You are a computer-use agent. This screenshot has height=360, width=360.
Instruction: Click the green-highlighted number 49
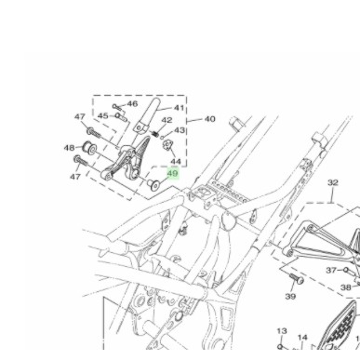pyautogui.click(x=173, y=174)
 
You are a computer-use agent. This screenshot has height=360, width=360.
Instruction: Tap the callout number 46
pyautogui.click(x=132, y=103)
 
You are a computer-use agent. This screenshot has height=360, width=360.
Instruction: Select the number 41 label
pyautogui.click(x=179, y=108)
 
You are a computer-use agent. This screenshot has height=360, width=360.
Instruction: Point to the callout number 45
pyautogui.click(x=103, y=116)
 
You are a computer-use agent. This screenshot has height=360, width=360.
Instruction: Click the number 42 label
pyautogui.click(x=167, y=120)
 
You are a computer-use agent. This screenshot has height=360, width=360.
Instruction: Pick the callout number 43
pyautogui.click(x=180, y=130)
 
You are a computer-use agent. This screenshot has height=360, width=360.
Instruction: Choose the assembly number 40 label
pyautogui.click(x=209, y=119)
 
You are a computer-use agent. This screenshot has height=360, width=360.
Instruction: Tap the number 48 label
pyautogui.click(x=70, y=148)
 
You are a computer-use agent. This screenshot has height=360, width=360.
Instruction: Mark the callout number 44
pyautogui.click(x=176, y=162)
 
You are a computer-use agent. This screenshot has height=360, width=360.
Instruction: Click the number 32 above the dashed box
pyautogui.click(x=332, y=183)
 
